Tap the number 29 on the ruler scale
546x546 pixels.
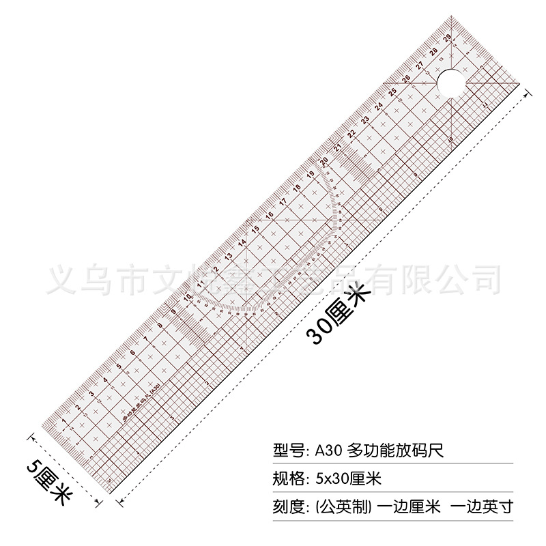(x=446, y=39)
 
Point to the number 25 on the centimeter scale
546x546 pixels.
(x=392, y=92)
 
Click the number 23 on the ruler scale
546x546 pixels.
(x=365, y=119)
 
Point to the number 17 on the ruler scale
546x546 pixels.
(x=283, y=201)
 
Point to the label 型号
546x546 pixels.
(x=287, y=450)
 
